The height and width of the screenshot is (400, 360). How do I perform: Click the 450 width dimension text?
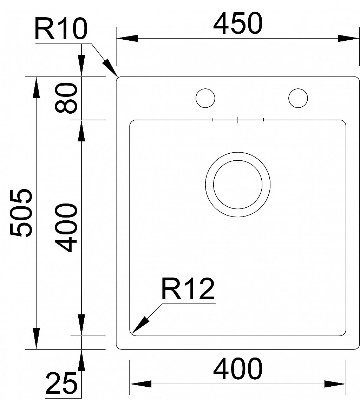point(238,24)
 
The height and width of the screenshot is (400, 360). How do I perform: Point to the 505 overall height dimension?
point(21,213)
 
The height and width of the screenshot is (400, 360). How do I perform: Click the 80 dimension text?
point(66,98)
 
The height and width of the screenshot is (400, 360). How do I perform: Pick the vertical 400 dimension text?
point(66,228)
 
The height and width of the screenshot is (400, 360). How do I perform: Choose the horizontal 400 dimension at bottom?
point(238,369)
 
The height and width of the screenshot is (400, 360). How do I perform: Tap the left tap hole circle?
point(205,98)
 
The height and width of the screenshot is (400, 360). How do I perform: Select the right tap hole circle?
point(298,98)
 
